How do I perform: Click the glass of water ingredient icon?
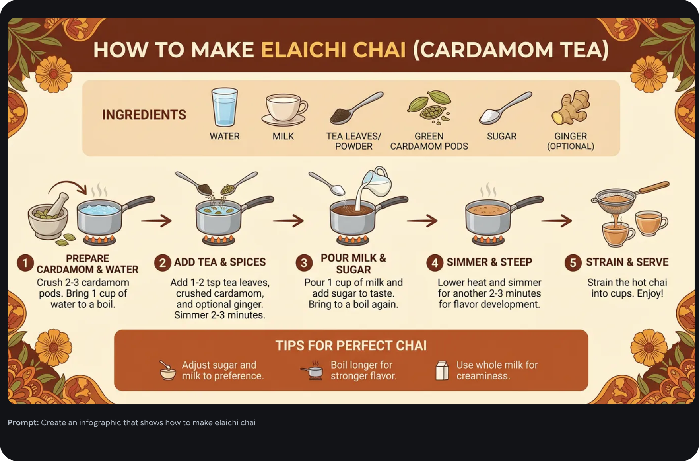pyautogui.click(x=225, y=107)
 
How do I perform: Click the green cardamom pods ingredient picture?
pyautogui.click(x=429, y=107)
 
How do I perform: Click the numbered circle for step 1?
pyautogui.click(x=25, y=263)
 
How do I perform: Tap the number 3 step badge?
pyautogui.click(x=304, y=263)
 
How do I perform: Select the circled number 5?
pyautogui.click(x=573, y=263)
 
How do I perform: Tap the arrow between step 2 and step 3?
pyautogui.click(x=288, y=220)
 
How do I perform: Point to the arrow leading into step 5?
pyautogui.click(x=557, y=220)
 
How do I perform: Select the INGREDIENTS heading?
pyautogui.click(x=144, y=115)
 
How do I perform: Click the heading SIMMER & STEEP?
pyautogui.click(x=489, y=262)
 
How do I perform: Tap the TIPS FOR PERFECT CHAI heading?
pyautogui.click(x=351, y=346)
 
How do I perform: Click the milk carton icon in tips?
pyautogui.click(x=442, y=370)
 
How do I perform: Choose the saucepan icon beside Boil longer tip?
pyautogui.click(x=313, y=370)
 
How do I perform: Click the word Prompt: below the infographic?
pyautogui.click(x=23, y=423)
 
